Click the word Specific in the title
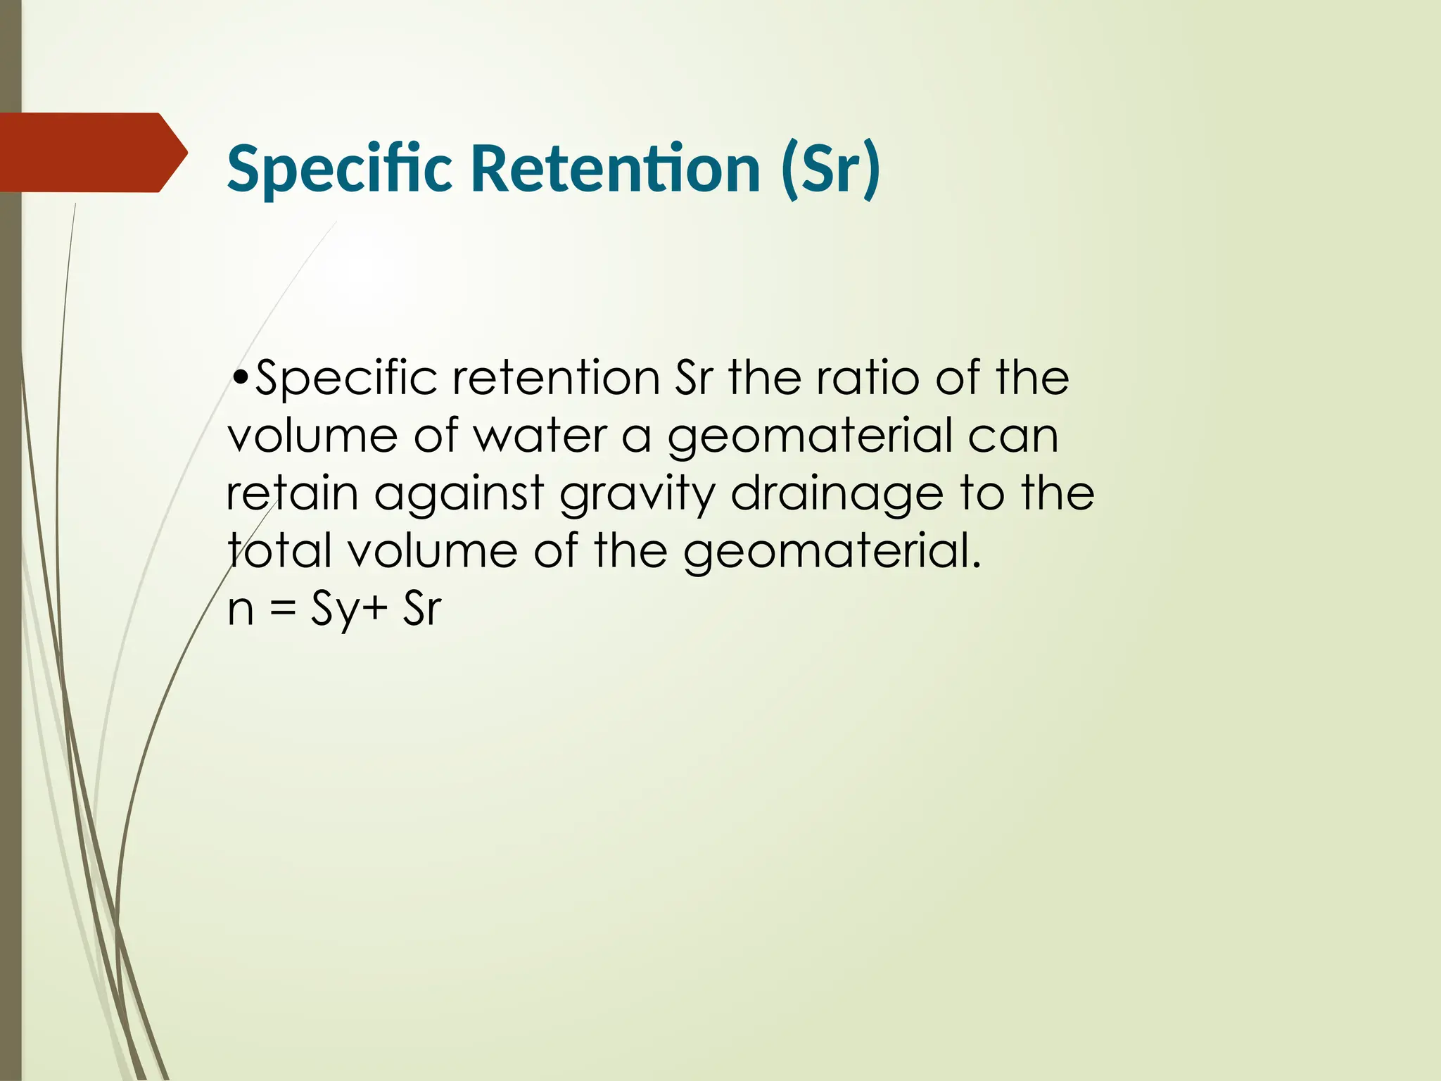339,169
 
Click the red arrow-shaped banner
88,152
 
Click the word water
540,436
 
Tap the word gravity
637,495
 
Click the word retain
292,493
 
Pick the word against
459,495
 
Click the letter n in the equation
241,609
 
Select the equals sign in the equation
283,609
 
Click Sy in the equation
334,609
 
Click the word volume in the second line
312,436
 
